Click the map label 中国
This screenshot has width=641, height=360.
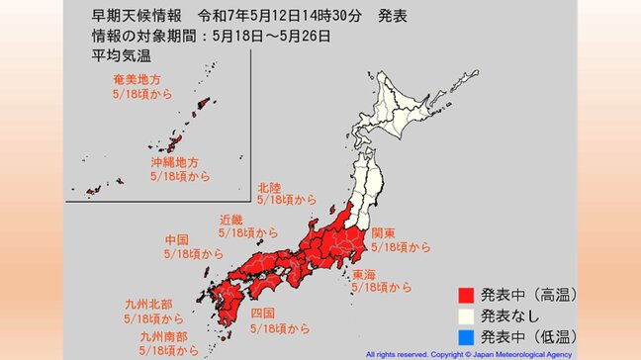(x=177, y=240)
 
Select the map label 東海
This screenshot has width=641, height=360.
(x=365, y=275)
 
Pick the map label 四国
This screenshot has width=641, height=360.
(x=262, y=314)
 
